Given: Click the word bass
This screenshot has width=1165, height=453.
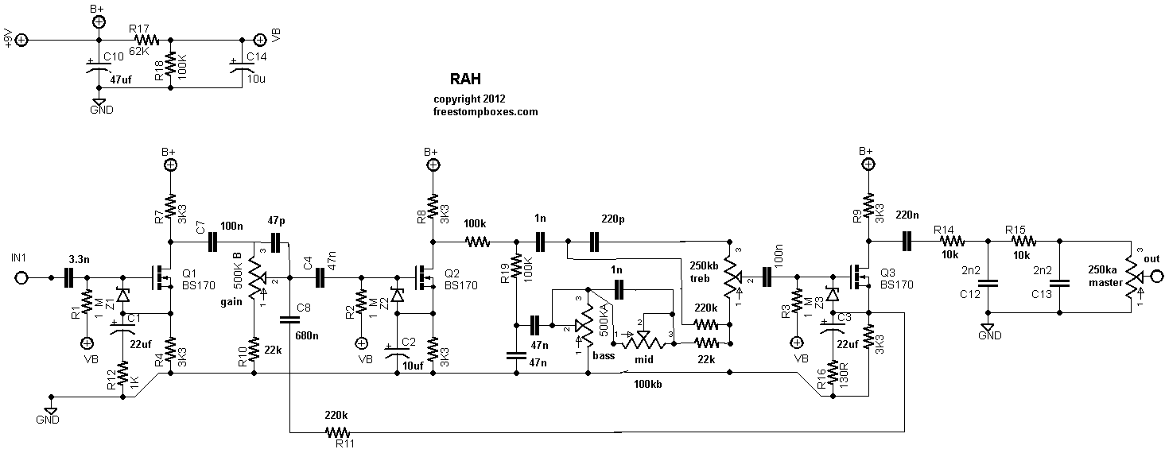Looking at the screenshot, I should pos(604,355).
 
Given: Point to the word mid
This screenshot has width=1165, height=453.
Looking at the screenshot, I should pos(644,359).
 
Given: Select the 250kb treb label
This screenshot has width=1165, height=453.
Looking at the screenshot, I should pos(704,269).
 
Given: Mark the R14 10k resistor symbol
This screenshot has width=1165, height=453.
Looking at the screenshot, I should pos(952,241).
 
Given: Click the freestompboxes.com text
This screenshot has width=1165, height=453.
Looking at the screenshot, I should pos(485,112).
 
